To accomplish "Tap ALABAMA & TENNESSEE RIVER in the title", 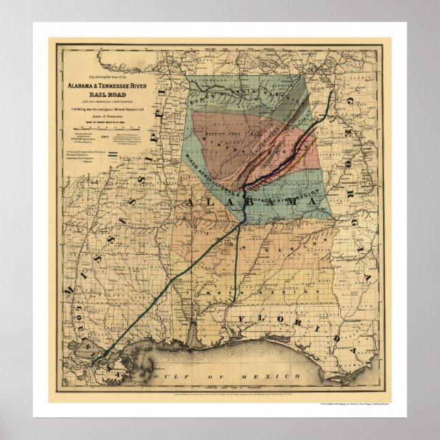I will [x=105, y=87].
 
